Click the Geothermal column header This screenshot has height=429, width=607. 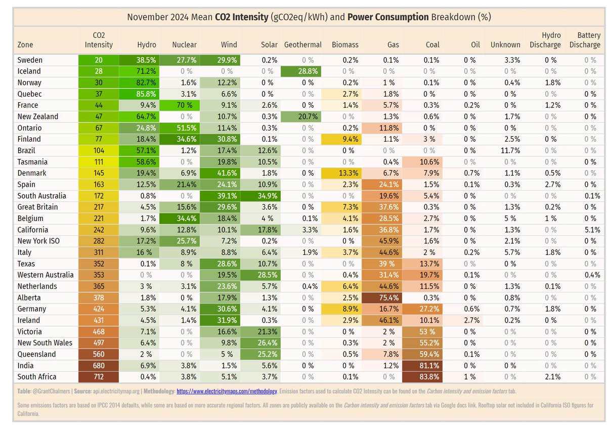(x=302, y=45)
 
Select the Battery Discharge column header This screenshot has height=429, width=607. (x=585, y=40)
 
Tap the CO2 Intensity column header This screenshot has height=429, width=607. (x=99, y=40)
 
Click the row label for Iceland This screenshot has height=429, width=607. (x=29, y=71)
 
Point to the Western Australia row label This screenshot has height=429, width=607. (x=45, y=275)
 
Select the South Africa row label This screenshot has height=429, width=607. (x=37, y=377)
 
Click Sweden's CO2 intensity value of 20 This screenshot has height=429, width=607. (x=99, y=60)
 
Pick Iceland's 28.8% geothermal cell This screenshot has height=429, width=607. (x=301, y=71)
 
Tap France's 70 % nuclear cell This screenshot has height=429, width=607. (x=180, y=105)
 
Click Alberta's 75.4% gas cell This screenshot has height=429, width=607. (x=381, y=297)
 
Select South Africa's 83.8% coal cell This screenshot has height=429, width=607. (x=422, y=377)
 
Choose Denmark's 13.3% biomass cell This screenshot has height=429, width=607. (x=341, y=173)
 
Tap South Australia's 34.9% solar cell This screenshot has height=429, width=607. (x=261, y=196)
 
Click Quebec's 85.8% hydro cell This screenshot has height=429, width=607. (x=139, y=94)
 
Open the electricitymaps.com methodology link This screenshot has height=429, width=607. (x=227, y=391)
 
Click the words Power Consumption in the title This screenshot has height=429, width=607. (x=388, y=17)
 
